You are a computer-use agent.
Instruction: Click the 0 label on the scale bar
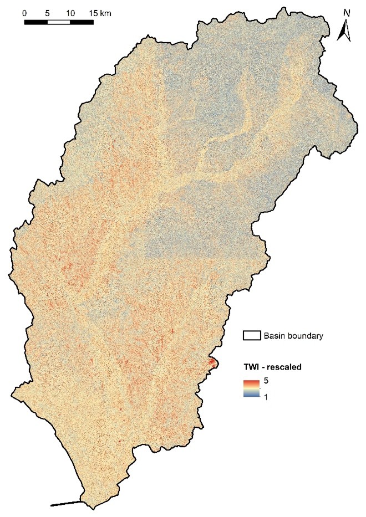[x=25, y=12]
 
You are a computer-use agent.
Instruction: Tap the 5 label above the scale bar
[x=48, y=12]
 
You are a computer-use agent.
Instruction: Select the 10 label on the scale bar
[x=70, y=12]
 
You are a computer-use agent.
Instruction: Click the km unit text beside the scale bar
[x=105, y=12]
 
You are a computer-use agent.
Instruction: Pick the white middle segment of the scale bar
[x=59, y=22]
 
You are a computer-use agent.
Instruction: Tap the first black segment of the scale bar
[x=36, y=22]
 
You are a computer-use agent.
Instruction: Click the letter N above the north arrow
[x=347, y=12]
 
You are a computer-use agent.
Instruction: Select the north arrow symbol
[x=344, y=31]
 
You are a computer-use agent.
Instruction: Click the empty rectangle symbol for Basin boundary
[x=251, y=335]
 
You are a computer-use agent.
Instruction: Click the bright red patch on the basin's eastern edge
[x=212, y=363]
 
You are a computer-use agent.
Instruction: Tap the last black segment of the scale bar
[x=82, y=22]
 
